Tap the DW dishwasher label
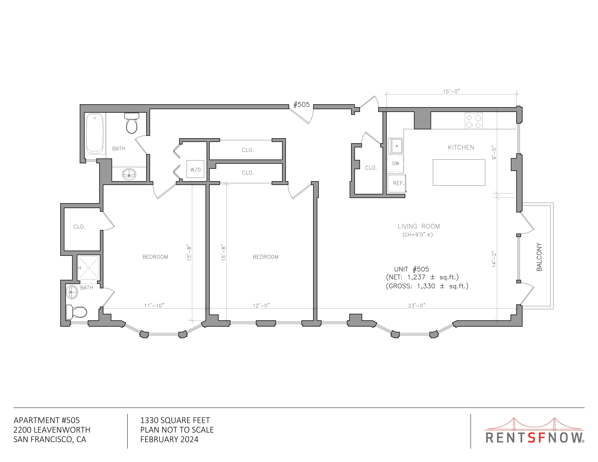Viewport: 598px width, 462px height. click(x=396, y=163)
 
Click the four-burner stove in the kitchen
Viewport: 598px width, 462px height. click(x=473, y=121)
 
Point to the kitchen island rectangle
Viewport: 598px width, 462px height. click(x=459, y=172)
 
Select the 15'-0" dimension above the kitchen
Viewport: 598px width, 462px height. click(x=451, y=91)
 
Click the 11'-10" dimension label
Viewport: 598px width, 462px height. click(x=154, y=305)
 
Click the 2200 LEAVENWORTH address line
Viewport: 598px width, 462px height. click(x=52, y=430)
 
